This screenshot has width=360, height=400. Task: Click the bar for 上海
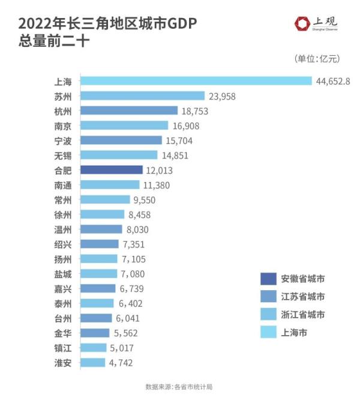[x=196, y=80]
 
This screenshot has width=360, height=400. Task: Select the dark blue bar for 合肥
[x=111, y=170]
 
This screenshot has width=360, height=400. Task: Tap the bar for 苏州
[x=142, y=95]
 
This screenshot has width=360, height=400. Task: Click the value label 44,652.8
[x=333, y=81]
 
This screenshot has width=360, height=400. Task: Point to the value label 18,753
[x=197, y=111]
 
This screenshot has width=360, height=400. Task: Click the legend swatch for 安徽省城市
[x=268, y=279]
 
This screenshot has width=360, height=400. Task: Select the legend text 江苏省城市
[x=302, y=297]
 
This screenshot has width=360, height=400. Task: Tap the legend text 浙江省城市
[x=302, y=314]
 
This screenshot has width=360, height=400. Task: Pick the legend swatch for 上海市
[x=268, y=332]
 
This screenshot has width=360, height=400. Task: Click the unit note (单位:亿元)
[x=317, y=58]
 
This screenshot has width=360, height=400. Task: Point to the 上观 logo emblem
[x=302, y=23]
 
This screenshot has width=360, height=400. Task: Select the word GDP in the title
[x=181, y=23]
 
